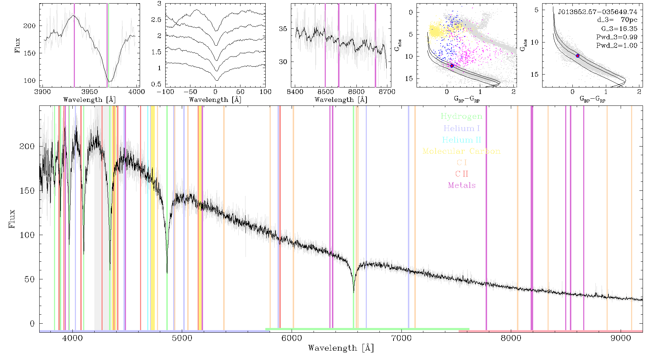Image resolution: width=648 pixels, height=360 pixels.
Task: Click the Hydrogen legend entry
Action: coord(461,116)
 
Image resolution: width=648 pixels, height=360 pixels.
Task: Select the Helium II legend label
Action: coord(462,140)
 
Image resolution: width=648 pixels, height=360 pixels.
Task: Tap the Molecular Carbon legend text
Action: coord(462,151)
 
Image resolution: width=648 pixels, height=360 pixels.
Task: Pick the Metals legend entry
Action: coord(462,185)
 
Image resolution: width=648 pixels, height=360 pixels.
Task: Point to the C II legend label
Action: coord(462,174)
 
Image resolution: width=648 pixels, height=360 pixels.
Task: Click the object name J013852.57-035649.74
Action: coord(598,12)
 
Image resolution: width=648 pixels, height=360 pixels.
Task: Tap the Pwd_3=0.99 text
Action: coord(617,37)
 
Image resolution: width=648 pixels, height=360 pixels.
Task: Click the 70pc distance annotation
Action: coord(629,20)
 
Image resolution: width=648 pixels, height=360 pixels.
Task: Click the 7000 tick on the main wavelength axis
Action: coord(401,338)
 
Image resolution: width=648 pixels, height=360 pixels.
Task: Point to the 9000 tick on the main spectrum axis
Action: coord(621,338)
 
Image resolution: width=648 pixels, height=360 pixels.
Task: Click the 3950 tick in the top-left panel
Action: coord(90,91)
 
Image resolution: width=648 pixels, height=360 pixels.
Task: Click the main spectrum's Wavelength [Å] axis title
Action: coord(341,348)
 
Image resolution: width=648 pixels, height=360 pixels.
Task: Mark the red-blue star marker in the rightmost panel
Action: coord(577,56)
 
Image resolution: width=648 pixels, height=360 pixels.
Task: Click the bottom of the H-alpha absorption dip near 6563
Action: coord(354,292)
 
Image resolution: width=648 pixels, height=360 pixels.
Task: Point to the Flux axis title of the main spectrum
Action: coord(12,219)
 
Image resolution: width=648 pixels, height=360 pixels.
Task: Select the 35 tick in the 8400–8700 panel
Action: coord(283,29)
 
